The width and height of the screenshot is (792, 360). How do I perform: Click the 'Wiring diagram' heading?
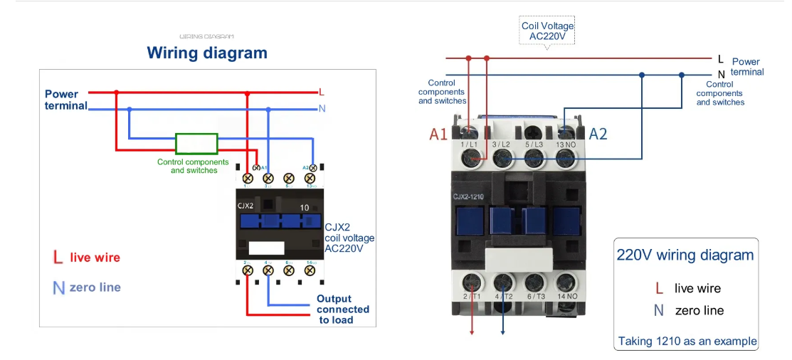coord(207,53)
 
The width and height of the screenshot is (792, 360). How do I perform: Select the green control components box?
coord(196,144)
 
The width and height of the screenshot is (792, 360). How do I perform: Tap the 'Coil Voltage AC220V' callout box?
coord(547,31)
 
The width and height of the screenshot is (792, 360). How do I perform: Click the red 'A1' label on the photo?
coord(438,134)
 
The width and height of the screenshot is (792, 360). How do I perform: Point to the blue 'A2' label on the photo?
coord(598,134)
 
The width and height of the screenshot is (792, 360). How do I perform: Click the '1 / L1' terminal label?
coord(470,145)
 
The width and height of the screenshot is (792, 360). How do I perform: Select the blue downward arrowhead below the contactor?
coord(504,330)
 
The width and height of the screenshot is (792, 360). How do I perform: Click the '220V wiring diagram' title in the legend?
coord(685,255)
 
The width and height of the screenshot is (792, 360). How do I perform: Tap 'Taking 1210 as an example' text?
coord(687,342)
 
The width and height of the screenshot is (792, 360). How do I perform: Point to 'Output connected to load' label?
coord(343,309)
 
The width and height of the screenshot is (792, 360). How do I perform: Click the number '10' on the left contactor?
coord(304,208)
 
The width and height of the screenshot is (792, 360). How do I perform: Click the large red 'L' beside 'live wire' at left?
coord(58,258)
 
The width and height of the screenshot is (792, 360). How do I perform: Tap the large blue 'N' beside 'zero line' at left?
coord(58,287)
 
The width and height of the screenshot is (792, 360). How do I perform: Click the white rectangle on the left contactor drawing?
coord(267,248)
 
